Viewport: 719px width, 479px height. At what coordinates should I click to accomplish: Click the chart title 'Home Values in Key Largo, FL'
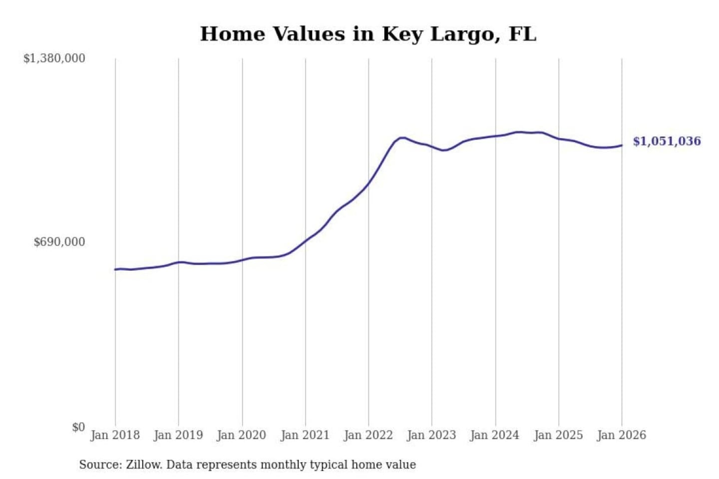coord(368,34)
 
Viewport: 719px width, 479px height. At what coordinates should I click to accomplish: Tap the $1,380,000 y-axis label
coord(54,58)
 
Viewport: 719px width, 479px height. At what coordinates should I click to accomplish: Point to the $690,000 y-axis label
coord(59,242)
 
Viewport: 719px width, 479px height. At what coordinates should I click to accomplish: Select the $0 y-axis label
coord(78,427)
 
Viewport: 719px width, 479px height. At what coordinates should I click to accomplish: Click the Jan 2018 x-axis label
coord(115,435)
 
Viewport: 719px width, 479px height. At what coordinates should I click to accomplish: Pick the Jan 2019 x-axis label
coord(178,435)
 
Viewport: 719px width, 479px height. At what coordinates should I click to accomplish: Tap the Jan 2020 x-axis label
coord(241,435)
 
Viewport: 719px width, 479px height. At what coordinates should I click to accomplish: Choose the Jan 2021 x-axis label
coord(305,435)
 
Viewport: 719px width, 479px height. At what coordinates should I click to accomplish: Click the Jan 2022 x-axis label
coord(368,435)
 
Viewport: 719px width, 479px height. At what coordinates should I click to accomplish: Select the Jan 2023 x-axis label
coord(431,435)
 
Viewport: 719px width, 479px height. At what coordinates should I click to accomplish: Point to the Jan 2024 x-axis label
coord(494,435)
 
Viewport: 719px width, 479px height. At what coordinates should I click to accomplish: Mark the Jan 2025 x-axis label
coord(558,435)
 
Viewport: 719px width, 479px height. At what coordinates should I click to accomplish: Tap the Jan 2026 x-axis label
coord(621,435)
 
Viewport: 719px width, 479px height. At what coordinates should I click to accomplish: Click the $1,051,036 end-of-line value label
coord(667,141)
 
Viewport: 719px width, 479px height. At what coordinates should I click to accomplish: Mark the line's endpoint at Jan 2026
coord(622,145)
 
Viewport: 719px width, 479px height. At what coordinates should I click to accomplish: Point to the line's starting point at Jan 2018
coord(115,269)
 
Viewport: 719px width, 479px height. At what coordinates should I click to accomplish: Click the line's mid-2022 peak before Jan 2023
coord(401,137)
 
